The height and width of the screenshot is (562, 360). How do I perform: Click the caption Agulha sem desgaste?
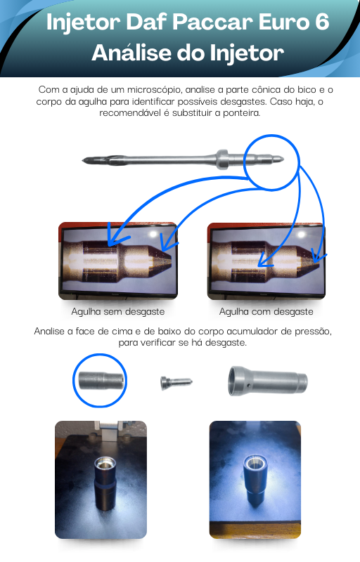(x=118, y=311)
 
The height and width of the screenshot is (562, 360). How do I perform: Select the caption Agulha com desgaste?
(x=266, y=311)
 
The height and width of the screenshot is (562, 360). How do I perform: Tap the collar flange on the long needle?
(x=222, y=159)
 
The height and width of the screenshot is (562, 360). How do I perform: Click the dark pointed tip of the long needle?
(x=89, y=160)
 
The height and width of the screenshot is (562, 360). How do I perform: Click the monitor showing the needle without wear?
(x=118, y=261)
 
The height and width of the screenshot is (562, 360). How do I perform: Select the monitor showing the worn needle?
(x=266, y=261)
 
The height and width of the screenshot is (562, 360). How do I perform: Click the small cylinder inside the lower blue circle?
(x=103, y=380)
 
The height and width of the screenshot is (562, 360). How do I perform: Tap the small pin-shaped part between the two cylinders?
(x=176, y=382)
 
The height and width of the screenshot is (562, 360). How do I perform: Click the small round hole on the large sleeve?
(x=248, y=386)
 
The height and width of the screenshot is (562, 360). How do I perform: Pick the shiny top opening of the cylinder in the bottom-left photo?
(x=105, y=464)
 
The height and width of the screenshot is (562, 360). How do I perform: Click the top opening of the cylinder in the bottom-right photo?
(x=255, y=463)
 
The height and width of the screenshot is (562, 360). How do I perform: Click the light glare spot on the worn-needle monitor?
(x=300, y=235)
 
